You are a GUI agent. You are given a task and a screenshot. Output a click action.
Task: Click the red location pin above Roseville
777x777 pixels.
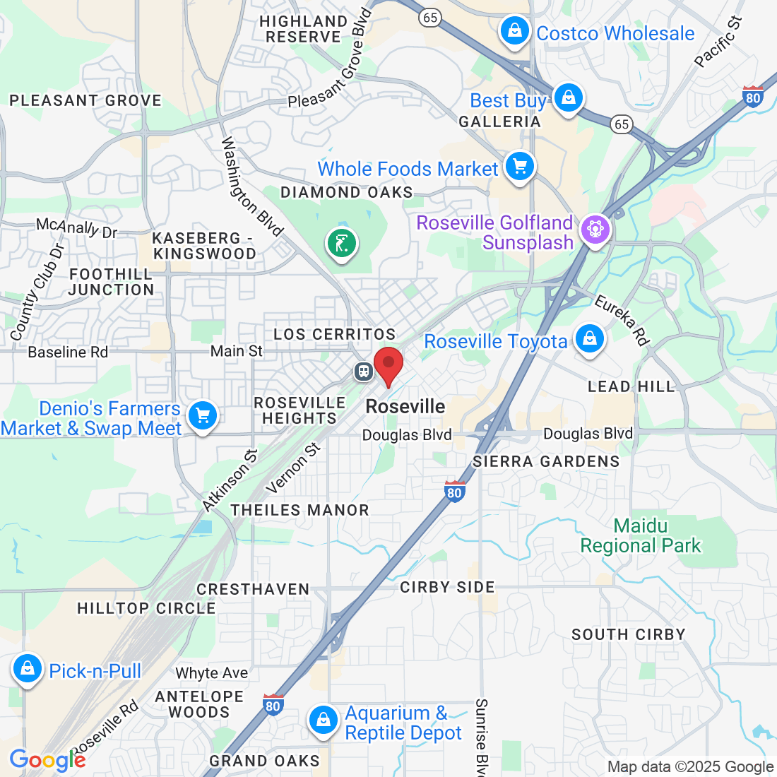click(x=388, y=364)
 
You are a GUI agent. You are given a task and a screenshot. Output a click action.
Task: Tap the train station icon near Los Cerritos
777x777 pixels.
click(x=364, y=370)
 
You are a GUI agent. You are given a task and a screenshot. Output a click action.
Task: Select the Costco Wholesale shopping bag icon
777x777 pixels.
click(x=515, y=31)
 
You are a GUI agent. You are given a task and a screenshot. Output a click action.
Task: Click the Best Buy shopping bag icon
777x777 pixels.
click(x=568, y=97)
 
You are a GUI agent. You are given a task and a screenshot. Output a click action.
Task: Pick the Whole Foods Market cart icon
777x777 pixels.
click(x=520, y=167)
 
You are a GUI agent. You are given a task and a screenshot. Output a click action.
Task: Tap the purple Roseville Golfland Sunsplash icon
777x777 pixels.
click(x=595, y=230)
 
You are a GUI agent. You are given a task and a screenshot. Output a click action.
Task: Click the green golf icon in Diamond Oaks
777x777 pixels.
click(x=342, y=244)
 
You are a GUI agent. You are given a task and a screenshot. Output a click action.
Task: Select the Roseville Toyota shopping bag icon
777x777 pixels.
click(x=590, y=339)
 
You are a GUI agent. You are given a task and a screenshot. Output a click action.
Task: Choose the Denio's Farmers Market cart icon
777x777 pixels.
click(x=203, y=415)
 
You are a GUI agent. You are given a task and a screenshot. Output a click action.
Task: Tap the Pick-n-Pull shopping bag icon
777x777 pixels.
click(x=28, y=668)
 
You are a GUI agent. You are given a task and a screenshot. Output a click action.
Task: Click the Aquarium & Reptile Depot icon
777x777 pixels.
click(x=323, y=720)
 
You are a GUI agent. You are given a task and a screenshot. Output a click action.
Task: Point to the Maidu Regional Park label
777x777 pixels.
click(x=641, y=535)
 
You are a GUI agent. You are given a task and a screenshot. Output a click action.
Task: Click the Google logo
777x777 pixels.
click(x=47, y=760)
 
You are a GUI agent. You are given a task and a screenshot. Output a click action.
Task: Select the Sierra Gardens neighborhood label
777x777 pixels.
click(x=546, y=461)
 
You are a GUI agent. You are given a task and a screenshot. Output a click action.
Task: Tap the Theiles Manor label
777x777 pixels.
click(x=299, y=510)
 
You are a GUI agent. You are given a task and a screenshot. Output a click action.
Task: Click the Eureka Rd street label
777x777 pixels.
click(x=622, y=320)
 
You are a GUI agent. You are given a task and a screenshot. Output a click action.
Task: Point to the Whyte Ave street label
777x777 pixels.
click(x=211, y=673)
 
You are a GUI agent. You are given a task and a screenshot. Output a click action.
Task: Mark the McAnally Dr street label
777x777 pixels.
click(x=76, y=227)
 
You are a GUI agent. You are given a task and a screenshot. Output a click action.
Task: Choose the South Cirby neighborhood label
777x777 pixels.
click(x=628, y=634)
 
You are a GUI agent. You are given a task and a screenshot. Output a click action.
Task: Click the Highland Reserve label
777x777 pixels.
click(x=303, y=29)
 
